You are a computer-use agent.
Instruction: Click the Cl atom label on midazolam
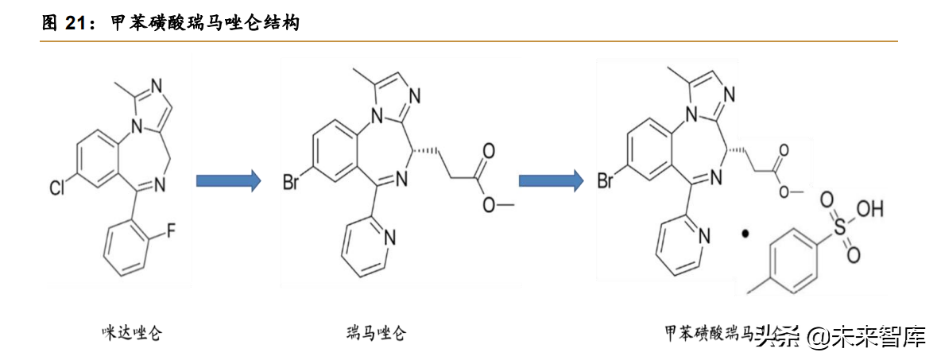[x=58, y=189]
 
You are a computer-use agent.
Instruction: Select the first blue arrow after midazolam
[x=228, y=181]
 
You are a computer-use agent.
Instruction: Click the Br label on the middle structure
[x=292, y=181]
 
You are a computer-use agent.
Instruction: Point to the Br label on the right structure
[x=606, y=181]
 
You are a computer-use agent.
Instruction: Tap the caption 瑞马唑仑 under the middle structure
[x=376, y=332]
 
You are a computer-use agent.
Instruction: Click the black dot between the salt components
[x=745, y=234]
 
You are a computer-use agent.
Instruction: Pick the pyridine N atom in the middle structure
[x=389, y=237]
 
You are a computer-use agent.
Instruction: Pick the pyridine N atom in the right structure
[x=704, y=236]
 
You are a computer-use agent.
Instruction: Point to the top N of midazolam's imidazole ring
[x=155, y=85]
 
